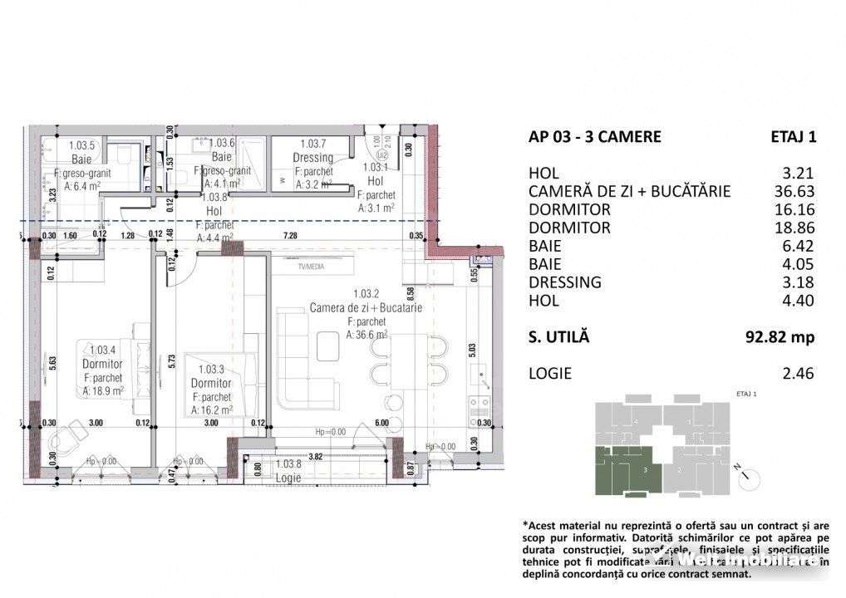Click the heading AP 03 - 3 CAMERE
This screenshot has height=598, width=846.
point(594,137)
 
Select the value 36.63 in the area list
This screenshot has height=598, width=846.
point(794,191)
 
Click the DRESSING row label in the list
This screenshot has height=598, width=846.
point(564,282)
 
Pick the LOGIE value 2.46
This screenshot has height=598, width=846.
point(799,373)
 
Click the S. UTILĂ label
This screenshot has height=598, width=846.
point(558,336)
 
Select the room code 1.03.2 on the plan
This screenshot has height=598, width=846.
point(366,293)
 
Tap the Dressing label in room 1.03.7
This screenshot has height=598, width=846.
point(313,157)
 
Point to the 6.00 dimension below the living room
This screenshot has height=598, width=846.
point(381,423)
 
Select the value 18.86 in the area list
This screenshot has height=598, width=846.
point(794,228)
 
